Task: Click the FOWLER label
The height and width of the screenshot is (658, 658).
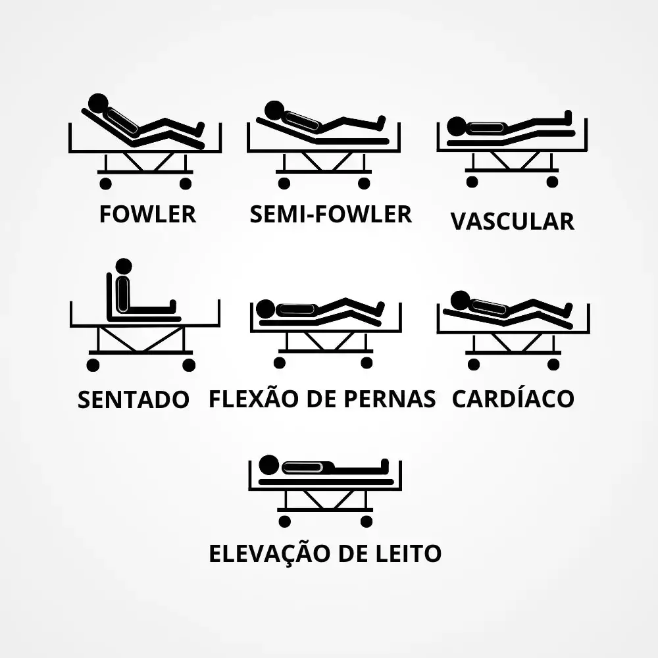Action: tap(147, 214)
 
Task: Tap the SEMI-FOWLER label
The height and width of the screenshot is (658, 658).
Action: tap(331, 214)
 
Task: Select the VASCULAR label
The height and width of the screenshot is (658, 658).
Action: tap(513, 221)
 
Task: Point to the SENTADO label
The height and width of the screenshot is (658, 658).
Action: tap(134, 399)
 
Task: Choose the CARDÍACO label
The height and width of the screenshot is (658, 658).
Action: tap(513, 398)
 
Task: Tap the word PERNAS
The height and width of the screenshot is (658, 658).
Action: tap(390, 399)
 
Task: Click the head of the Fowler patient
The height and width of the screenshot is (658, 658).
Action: tap(98, 104)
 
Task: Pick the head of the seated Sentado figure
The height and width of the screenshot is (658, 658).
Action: tap(124, 266)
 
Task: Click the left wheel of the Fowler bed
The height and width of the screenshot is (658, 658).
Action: tap(105, 184)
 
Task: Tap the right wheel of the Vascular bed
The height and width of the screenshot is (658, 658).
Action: tap(552, 182)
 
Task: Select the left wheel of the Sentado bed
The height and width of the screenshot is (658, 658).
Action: tap(93, 365)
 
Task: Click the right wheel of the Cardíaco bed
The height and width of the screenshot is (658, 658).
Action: tap(553, 365)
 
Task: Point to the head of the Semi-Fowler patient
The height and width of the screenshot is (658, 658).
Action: tap(275, 111)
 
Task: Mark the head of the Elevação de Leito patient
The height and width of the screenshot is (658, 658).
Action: tap(269, 465)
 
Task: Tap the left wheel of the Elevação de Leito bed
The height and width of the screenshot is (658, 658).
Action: tap(284, 521)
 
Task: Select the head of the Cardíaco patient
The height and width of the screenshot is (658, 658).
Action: tap(461, 301)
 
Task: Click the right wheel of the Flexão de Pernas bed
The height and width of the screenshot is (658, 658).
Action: tap(367, 363)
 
